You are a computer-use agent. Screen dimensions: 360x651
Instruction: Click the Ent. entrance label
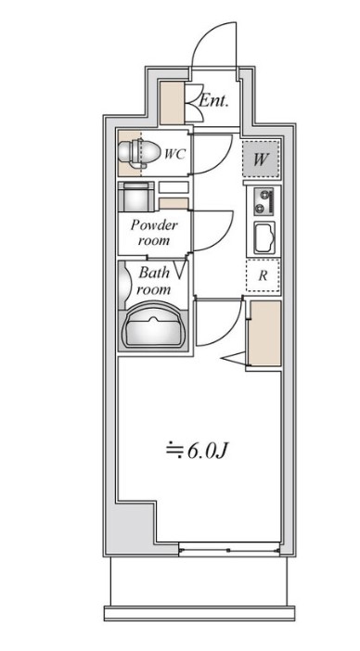click(213, 100)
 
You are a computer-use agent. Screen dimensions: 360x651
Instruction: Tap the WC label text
click(174, 154)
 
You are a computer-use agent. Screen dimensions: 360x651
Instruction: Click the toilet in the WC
click(139, 153)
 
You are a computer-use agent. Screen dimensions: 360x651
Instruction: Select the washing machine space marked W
click(261, 159)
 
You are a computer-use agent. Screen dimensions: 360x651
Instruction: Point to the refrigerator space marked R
click(263, 275)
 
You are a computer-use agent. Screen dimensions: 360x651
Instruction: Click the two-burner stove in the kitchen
click(264, 202)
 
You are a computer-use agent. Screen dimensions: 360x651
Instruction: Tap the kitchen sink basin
click(264, 238)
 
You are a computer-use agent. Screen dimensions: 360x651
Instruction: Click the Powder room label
click(154, 233)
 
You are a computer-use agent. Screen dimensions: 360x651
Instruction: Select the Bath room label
click(154, 281)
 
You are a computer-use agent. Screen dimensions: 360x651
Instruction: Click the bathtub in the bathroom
click(153, 326)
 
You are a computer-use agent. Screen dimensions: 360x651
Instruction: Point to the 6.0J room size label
click(198, 451)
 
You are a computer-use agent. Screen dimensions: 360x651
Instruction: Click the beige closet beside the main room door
click(264, 333)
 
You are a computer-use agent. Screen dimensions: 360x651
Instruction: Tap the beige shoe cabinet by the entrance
click(172, 103)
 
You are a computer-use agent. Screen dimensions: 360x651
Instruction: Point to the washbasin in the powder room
click(136, 197)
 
